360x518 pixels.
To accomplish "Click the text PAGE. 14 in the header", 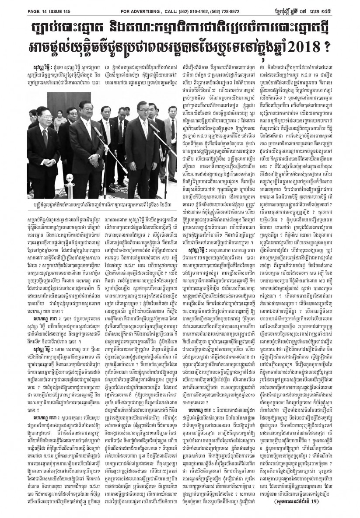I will pos(18,5).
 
